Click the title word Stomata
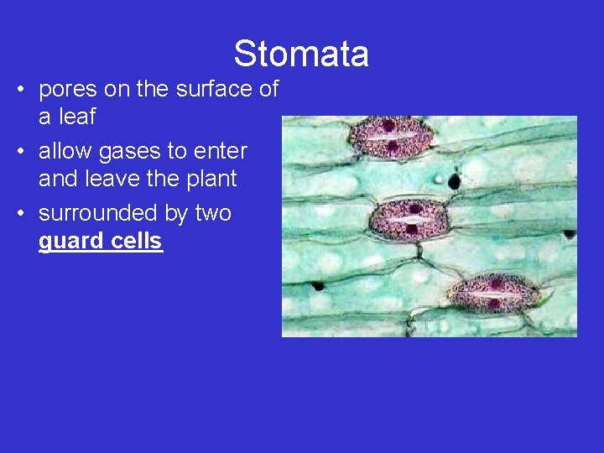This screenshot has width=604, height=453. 301,54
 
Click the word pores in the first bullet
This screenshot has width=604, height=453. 67,90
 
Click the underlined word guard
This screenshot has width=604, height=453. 72,242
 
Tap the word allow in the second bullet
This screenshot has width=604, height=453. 66,152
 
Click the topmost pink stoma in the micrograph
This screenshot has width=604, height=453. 388,138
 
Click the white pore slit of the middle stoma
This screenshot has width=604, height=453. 411,221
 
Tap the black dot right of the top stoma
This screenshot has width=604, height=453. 456,181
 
